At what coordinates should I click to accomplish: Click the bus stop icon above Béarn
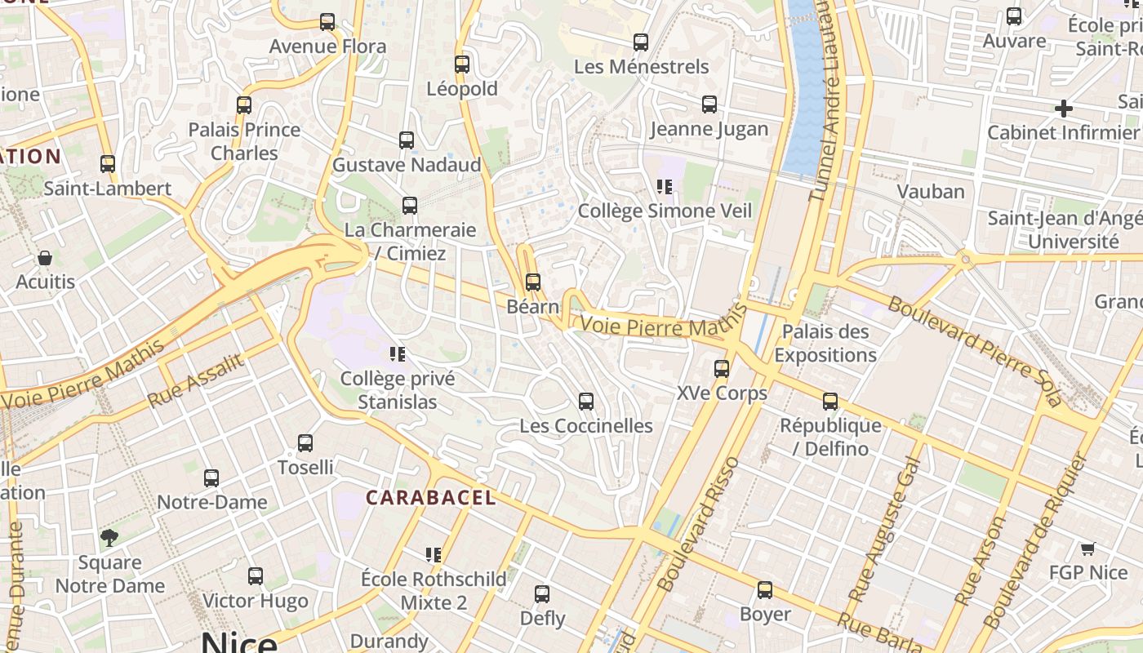click(533, 282)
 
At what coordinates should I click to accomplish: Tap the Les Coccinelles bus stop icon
click(585, 402)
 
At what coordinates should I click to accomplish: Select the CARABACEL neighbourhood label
click(430, 498)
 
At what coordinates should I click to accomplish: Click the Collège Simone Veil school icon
click(665, 187)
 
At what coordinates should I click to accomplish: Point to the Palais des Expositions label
click(825, 343)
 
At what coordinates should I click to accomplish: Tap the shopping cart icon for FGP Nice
click(1087, 549)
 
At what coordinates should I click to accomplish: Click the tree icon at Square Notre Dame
click(109, 538)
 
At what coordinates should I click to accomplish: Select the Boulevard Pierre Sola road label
click(976, 352)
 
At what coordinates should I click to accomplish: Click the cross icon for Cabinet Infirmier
click(1063, 109)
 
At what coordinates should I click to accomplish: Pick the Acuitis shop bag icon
click(45, 258)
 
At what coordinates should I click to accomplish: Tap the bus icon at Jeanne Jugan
click(709, 104)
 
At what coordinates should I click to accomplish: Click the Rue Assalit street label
click(196, 381)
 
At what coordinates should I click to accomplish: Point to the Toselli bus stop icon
click(305, 443)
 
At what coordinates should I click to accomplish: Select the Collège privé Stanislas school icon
click(398, 354)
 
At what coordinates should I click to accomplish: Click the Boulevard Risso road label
click(698, 524)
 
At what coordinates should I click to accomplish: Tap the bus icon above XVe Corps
click(722, 369)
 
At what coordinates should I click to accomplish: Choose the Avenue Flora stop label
click(327, 47)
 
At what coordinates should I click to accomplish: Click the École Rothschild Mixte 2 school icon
click(434, 555)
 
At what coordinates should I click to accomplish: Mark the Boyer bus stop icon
click(765, 590)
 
